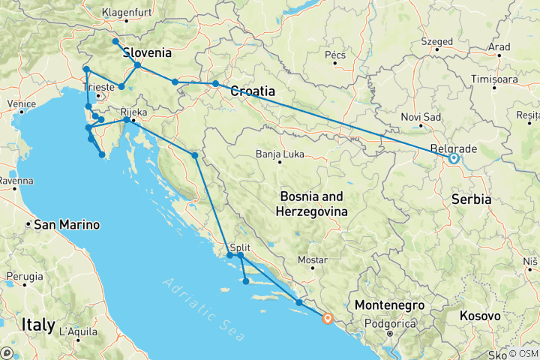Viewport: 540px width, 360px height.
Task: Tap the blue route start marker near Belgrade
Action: (454, 158)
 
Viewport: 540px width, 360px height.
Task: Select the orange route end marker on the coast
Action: (327, 319)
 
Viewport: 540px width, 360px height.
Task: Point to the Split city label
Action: (241, 247)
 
